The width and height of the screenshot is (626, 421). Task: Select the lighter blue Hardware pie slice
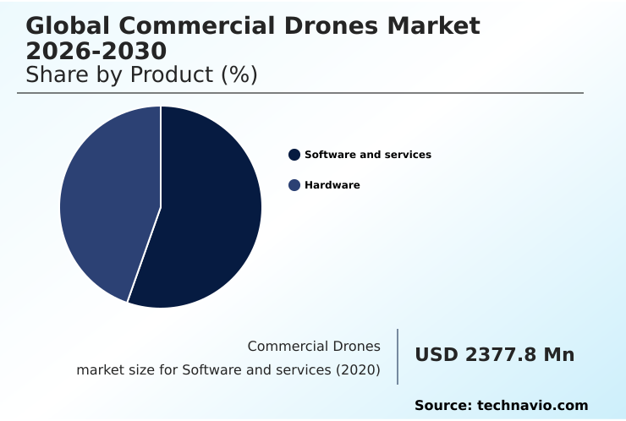click(106, 203)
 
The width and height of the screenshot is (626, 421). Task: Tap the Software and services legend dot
click(294, 155)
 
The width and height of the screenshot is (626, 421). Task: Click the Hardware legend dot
click(294, 185)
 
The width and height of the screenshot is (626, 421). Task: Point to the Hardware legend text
click(332, 185)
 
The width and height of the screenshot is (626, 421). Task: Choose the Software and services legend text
click(368, 155)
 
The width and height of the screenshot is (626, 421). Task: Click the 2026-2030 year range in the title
click(96, 51)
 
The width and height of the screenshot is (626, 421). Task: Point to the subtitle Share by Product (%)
click(141, 74)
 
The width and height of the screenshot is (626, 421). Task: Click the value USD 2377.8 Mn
click(494, 355)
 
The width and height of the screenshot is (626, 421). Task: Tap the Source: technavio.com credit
click(501, 406)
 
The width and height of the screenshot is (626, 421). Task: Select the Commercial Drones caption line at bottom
click(314, 347)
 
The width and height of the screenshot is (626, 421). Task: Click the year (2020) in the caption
click(358, 370)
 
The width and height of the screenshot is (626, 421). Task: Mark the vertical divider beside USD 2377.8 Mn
click(398, 357)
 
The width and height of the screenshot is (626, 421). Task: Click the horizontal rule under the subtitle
click(300, 93)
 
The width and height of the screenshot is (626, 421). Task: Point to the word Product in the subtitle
click(172, 74)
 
